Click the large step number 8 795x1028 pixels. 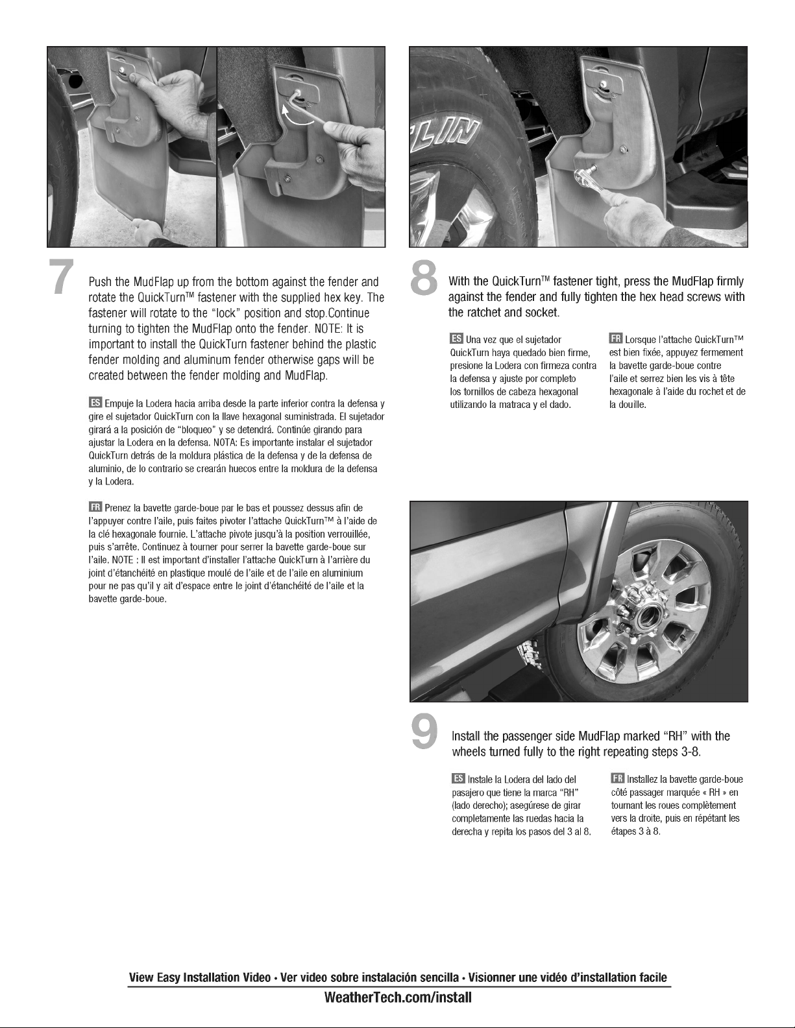click(x=424, y=278)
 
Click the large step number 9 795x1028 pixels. click(x=425, y=732)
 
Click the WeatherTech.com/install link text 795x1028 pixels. click(x=398, y=998)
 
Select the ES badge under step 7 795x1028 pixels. click(x=95, y=403)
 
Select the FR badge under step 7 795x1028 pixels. click(x=95, y=507)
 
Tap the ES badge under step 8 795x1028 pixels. click(x=457, y=339)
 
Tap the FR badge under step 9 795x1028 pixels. click(x=618, y=778)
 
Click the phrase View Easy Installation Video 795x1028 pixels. click(x=200, y=977)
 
